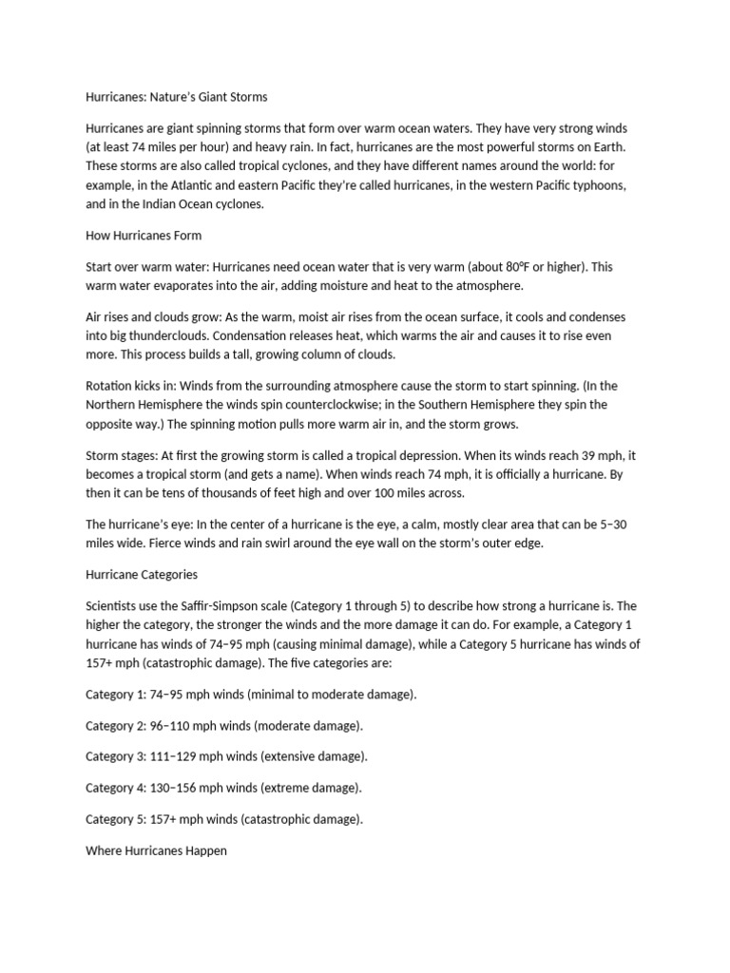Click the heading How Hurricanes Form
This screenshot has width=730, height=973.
144,235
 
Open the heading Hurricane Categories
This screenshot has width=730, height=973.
142,575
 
